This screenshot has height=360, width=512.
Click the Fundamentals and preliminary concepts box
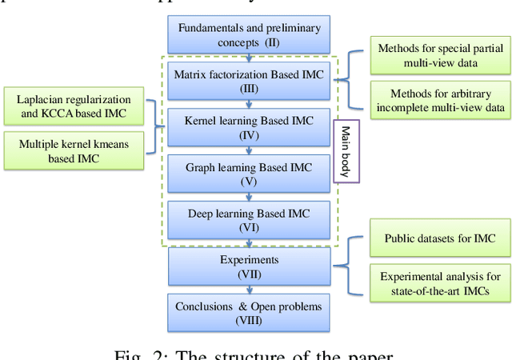pyautogui.click(x=249, y=35)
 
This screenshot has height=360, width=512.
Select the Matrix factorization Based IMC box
pyautogui.click(x=249, y=81)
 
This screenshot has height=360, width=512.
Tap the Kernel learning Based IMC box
pyautogui.click(x=249, y=128)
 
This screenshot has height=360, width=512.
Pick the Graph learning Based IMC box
pyautogui.click(x=249, y=174)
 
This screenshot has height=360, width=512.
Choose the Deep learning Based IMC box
pyautogui.click(x=249, y=220)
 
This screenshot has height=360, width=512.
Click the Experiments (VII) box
pyautogui.click(x=249, y=266)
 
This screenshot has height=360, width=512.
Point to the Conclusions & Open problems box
pyautogui.click(x=249, y=313)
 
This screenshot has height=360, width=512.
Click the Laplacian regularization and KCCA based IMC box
pyautogui.click(x=74, y=107)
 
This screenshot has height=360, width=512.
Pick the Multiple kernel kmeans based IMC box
pyautogui.click(x=74, y=151)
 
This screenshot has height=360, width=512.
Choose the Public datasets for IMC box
pyautogui.click(x=439, y=238)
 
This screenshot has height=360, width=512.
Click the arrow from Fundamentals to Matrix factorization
pyautogui.click(x=250, y=58)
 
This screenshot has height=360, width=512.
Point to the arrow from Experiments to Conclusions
pyautogui.click(x=250, y=290)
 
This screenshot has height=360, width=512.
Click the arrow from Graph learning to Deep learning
pyautogui.click(x=250, y=197)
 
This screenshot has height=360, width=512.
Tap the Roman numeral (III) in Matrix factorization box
pyautogui.click(x=249, y=88)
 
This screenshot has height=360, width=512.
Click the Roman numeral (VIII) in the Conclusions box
pyautogui.click(x=249, y=321)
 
